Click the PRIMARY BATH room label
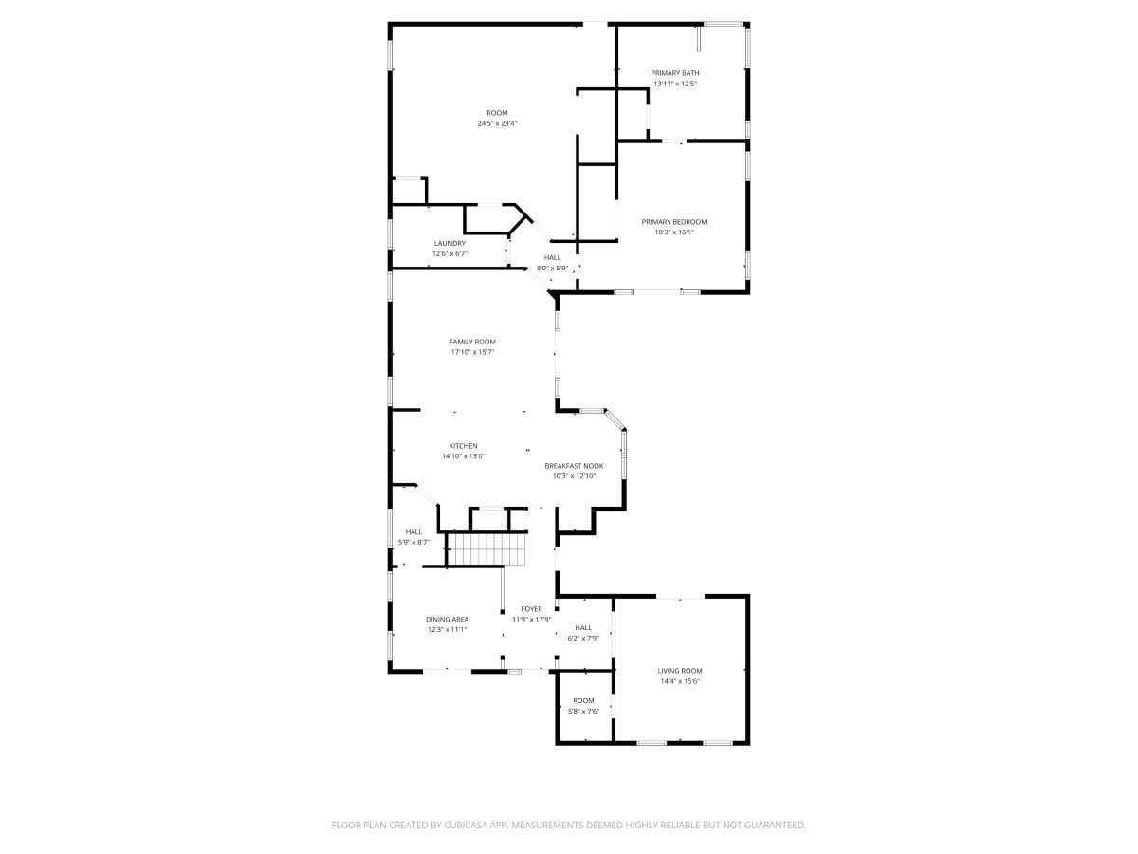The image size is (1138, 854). point(674,73)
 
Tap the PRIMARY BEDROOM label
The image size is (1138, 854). point(673,222)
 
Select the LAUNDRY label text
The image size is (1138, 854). point(450,243)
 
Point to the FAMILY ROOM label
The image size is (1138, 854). point(471,342)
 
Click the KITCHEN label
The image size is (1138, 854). point(463,446)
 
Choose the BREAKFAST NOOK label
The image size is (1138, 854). point(574,466)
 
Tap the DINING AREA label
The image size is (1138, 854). point(447,619)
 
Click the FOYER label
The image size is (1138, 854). point(531,609)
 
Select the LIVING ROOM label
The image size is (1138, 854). point(680,671)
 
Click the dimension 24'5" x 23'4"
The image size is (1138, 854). point(497,123)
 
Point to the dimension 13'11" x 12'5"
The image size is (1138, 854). point(674,84)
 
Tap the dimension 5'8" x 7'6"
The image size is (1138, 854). point(583,712)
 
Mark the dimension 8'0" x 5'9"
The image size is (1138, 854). point(552,269)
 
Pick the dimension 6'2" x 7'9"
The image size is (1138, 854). point(583,639)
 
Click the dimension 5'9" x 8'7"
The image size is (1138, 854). point(413,543)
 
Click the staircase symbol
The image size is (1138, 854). point(486,549)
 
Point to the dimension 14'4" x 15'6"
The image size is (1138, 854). point(680,681)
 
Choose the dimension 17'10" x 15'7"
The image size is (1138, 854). point(471,352)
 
